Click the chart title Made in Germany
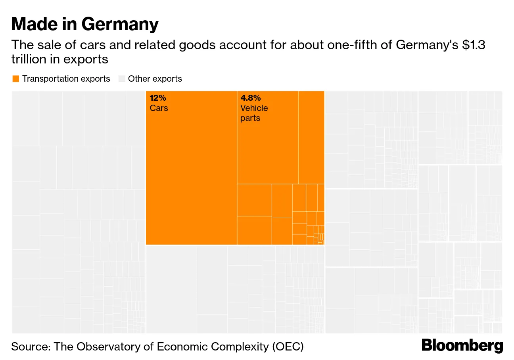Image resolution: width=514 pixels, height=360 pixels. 85,24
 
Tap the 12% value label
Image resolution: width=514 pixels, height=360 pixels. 158,98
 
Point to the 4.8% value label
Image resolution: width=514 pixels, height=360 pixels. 251,98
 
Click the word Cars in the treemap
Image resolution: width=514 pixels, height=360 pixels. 159,108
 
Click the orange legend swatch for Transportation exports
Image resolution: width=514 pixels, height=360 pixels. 16,79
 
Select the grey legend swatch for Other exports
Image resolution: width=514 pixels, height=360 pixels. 122,79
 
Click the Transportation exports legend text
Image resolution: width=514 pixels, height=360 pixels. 66,79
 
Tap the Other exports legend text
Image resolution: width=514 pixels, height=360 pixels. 155,79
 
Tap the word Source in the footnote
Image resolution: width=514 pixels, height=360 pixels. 30,347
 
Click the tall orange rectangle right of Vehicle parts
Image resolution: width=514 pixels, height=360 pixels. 311,137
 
